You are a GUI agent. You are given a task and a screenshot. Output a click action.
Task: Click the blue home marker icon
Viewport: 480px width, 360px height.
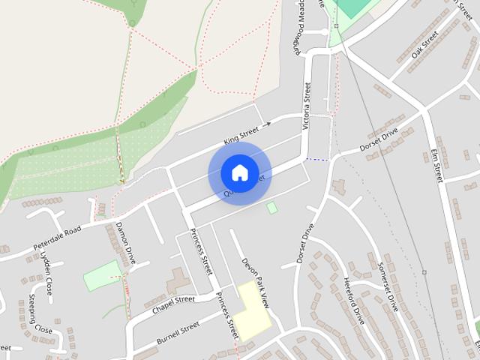(x=239, y=172)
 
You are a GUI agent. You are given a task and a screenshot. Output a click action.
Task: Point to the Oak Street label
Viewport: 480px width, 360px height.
(x=424, y=50)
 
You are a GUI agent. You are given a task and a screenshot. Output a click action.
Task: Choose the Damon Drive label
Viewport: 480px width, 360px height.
(x=125, y=243)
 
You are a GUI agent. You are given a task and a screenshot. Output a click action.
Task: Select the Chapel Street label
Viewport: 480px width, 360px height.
(x=173, y=304)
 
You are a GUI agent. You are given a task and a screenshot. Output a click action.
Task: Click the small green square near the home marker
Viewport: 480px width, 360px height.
(x=271, y=207)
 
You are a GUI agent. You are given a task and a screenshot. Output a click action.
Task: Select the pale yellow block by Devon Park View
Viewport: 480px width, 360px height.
(x=254, y=312)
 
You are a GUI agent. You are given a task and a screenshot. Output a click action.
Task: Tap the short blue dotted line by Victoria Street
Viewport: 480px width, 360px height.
(x=318, y=159)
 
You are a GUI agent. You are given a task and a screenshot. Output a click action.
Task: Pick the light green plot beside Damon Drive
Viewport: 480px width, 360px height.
(x=102, y=276)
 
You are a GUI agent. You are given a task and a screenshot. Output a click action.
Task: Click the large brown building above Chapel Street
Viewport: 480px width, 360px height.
(x=178, y=282)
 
